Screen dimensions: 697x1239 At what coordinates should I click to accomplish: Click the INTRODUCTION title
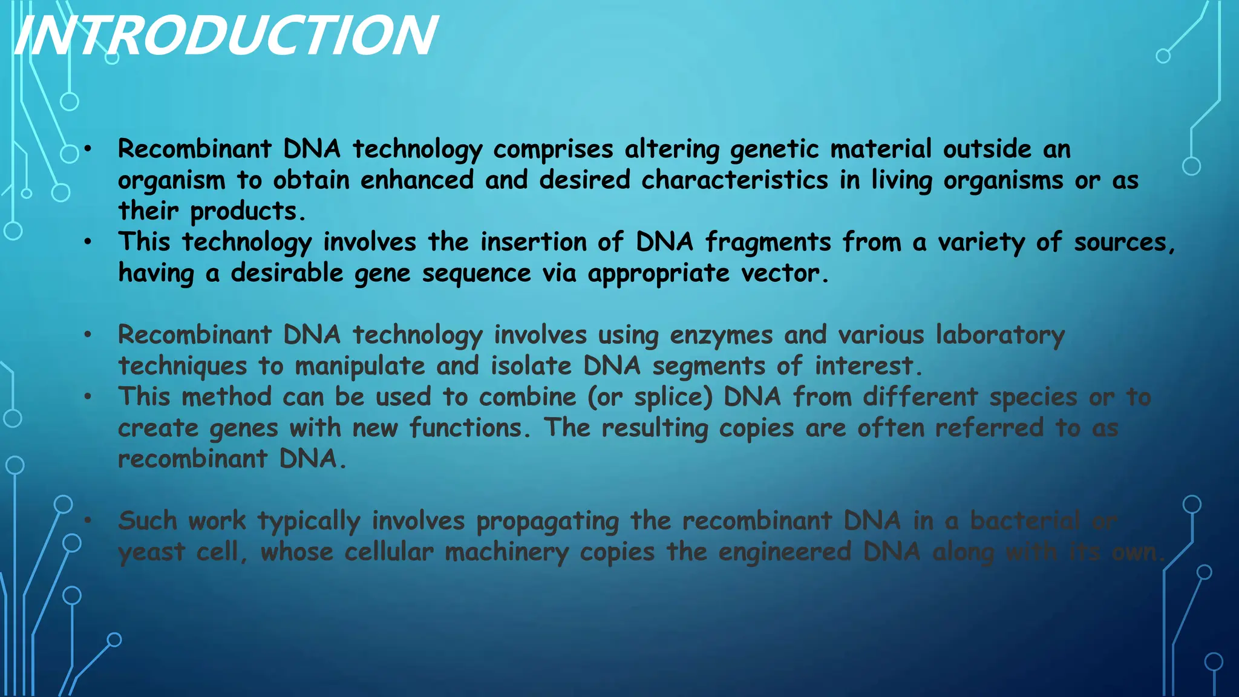coord(225,36)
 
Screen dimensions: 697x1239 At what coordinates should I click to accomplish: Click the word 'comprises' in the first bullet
coord(553,149)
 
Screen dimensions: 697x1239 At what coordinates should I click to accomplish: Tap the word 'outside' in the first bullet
coord(987,149)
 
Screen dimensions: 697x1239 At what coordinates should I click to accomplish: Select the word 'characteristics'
coord(734,180)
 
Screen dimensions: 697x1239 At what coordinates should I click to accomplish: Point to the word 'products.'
coord(248,212)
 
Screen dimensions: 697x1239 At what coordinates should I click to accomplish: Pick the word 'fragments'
coord(768,243)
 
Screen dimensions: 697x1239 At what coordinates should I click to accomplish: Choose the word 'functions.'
coord(470,428)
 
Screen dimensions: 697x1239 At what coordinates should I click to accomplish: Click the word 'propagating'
coord(548,522)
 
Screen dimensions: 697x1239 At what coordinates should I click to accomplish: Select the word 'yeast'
coord(151,552)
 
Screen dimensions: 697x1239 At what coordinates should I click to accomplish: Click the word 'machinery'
coord(507,552)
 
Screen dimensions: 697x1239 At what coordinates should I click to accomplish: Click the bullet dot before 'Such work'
coord(88,520)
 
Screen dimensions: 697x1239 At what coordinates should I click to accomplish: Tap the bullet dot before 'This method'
coord(88,397)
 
